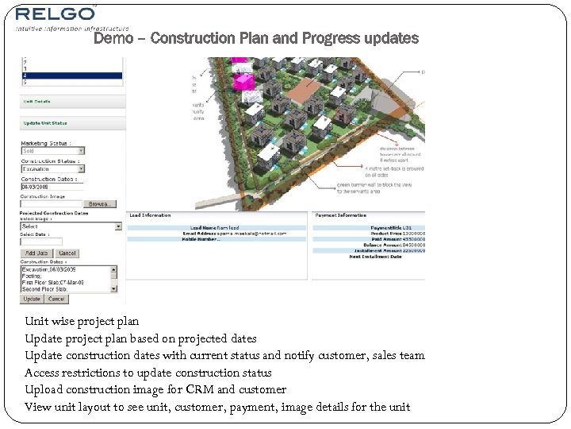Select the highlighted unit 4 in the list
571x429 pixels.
point(71,75)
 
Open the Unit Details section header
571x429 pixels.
point(38,102)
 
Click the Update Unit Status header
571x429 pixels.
point(44,123)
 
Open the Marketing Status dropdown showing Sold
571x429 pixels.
point(52,151)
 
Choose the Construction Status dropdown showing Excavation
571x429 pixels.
point(52,168)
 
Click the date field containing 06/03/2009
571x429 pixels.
point(51,187)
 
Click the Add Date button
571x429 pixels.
point(37,253)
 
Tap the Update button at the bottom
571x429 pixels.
point(32,300)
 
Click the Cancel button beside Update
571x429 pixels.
point(56,300)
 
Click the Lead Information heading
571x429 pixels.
point(151,215)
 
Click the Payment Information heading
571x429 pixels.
point(341,215)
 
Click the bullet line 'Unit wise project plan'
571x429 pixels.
point(82,322)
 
